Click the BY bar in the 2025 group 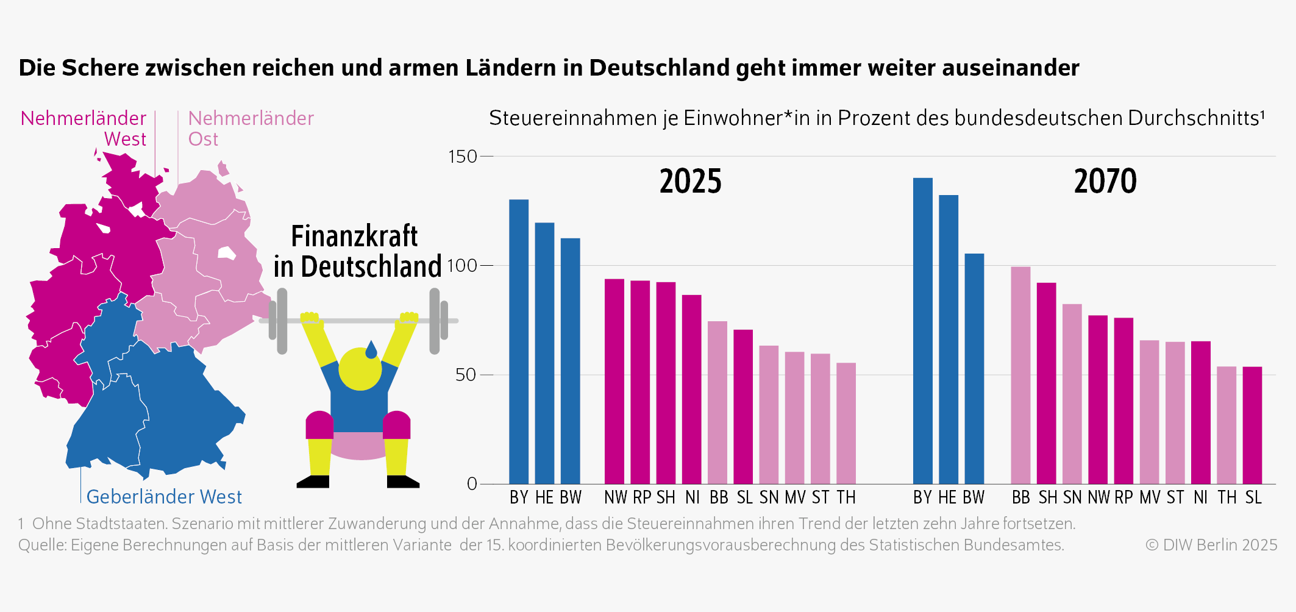click(519, 341)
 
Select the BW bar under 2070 click(974, 368)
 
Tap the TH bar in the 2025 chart click(846, 423)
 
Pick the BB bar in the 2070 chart click(1020, 375)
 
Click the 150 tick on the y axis click(463, 157)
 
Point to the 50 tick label click(465, 375)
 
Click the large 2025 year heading click(690, 182)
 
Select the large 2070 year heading click(1105, 182)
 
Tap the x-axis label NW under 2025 click(615, 498)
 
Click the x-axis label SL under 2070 click(1253, 498)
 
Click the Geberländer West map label click(164, 497)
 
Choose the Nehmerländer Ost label click(251, 128)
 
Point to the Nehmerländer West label click(84, 128)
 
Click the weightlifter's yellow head click(360, 369)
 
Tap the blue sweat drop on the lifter click(371, 350)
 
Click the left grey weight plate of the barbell click(282, 321)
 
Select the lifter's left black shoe click(313, 482)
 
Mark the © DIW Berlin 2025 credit click(1211, 545)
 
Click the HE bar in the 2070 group click(949, 339)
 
